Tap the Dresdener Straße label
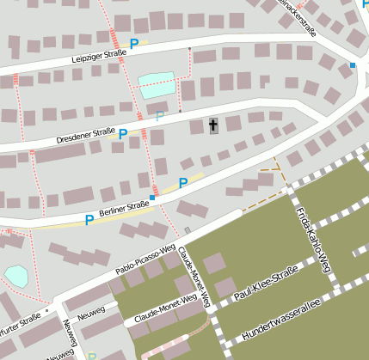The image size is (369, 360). (x=85, y=135)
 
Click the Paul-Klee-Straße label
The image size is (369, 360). (x=265, y=283)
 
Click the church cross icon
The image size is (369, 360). (x=213, y=126)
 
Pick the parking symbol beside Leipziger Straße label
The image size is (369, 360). (x=134, y=43)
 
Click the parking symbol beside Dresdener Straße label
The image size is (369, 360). (x=123, y=133)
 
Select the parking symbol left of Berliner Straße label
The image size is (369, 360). (x=89, y=220)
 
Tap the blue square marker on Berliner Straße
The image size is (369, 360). (x=152, y=198)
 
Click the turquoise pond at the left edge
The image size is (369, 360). (x=15, y=276)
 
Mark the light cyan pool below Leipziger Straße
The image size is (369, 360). (x=156, y=84)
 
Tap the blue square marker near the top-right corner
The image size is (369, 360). (x=353, y=65)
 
